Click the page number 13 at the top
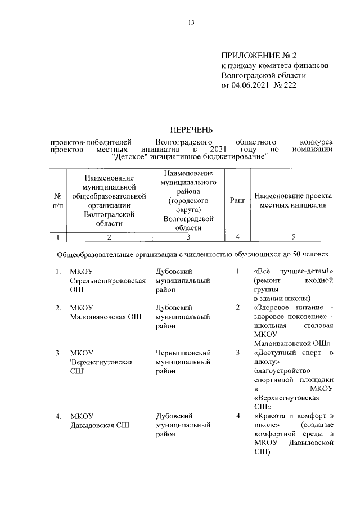click(x=191, y=23)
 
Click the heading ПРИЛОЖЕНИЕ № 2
click(x=259, y=55)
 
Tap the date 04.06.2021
click(x=250, y=85)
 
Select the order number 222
click(x=289, y=85)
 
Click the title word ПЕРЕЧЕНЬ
click(x=191, y=130)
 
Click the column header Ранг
click(x=237, y=201)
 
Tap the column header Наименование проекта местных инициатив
click(x=292, y=201)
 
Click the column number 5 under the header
click(x=292, y=237)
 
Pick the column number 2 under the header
click(x=109, y=237)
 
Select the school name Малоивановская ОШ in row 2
click(x=105, y=317)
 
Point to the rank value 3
click(x=237, y=353)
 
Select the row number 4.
click(x=58, y=417)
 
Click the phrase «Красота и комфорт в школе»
click(x=293, y=421)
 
